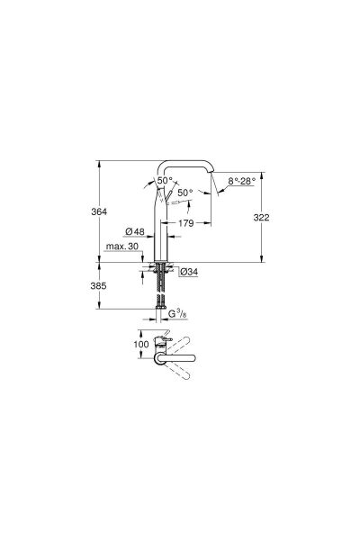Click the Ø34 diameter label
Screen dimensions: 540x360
[188, 271]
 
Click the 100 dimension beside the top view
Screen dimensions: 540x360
[139, 345]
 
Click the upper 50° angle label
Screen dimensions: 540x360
[166, 181]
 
